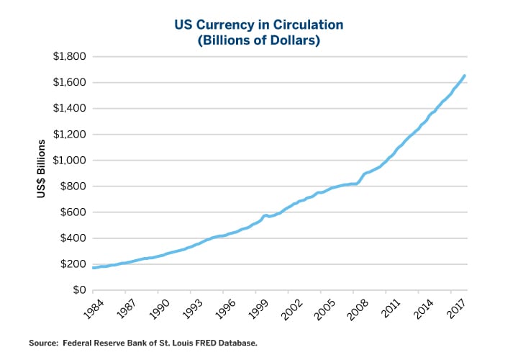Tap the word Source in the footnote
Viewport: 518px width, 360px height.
pyautogui.click(x=42, y=343)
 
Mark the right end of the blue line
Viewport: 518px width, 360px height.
pyautogui.click(x=464, y=76)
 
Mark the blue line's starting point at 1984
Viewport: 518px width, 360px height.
pyautogui.click(x=94, y=268)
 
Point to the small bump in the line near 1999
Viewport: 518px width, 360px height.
pyautogui.click(x=266, y=215)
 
